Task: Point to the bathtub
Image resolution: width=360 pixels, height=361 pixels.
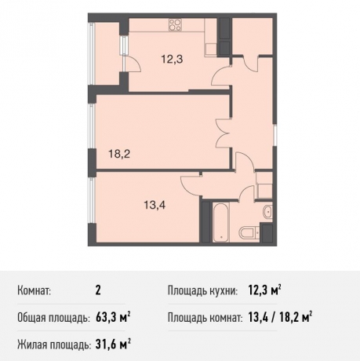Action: pyautogui.click(x=219, y=224)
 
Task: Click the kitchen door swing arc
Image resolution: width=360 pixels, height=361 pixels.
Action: pyautogui.click(x=223, y=79)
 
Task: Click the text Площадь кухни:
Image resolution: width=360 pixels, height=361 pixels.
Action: pyautogui.click(x=202, y=292)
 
